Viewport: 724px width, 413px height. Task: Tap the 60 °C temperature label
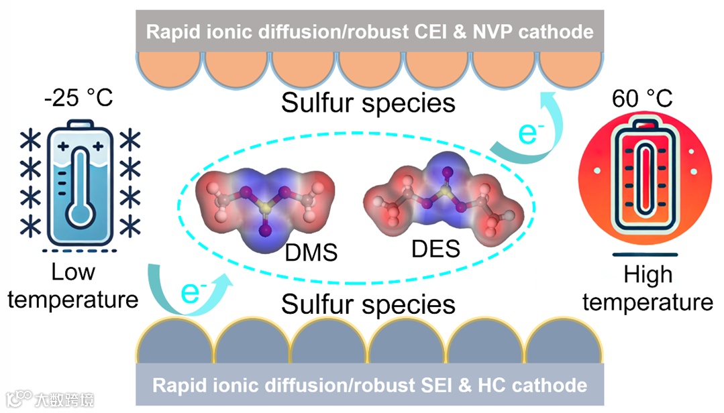point(641,99)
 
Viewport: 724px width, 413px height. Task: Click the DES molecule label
point(436,249)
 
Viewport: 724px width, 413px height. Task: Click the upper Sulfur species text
point(368,103)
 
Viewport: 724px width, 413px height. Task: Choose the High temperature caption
point(648,288)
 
